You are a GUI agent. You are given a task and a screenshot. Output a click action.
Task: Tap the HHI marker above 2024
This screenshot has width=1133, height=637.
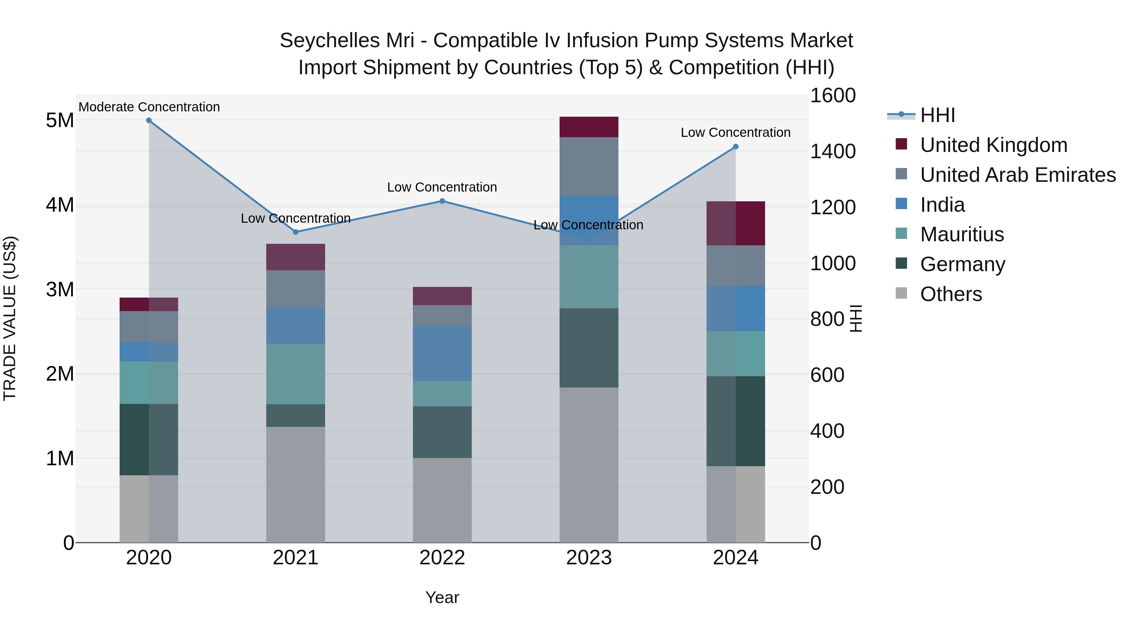(736, 147)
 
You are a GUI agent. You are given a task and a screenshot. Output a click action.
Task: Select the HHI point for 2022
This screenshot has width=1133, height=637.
(442, 201)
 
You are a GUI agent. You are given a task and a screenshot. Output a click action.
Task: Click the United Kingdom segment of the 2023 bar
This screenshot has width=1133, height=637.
(589, 127)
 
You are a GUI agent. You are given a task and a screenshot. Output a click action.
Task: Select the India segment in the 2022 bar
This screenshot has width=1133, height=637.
(442, 353)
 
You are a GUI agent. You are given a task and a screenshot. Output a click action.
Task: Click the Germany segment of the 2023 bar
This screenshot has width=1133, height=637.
(589, 348)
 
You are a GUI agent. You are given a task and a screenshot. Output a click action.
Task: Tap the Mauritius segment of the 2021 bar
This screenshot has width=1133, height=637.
(295, 374)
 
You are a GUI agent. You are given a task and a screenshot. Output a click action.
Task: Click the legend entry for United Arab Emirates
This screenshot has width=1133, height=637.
(1018, 175)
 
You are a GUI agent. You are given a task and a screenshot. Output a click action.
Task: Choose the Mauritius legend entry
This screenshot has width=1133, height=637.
(962, 234)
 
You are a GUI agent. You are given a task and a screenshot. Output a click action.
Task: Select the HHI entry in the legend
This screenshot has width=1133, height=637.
(937, 115)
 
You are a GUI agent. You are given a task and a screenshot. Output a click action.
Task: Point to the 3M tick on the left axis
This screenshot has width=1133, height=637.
(60, 290)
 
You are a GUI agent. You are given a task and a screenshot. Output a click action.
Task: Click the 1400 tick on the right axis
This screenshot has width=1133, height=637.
(832, 152)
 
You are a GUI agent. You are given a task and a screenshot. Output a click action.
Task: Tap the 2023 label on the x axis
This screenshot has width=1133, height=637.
(589, 558)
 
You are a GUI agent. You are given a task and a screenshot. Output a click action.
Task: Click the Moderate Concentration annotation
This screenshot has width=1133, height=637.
(149, 107)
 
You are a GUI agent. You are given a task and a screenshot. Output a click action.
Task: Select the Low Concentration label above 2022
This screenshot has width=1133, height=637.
(442, 187)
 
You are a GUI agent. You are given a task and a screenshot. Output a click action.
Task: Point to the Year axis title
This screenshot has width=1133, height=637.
(442, 597)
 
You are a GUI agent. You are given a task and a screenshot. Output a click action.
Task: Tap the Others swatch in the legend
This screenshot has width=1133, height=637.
(901, 293)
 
